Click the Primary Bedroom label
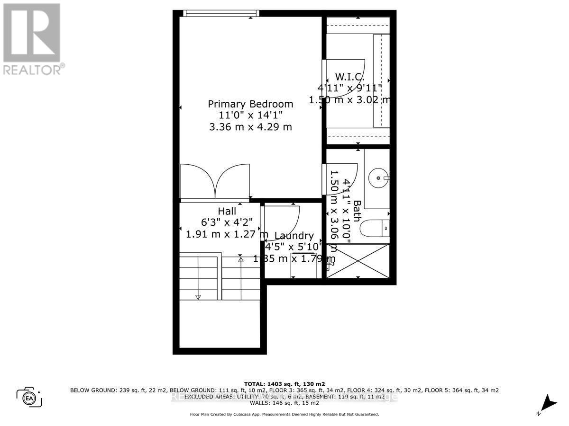(250, 104)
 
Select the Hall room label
(227, 211)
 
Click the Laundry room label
(294, 236)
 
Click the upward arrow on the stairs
(240, 259)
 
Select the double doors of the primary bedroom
(215, 181)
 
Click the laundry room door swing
(282, 222)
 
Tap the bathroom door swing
(340, 181)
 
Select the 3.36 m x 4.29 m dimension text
(250, 127)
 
